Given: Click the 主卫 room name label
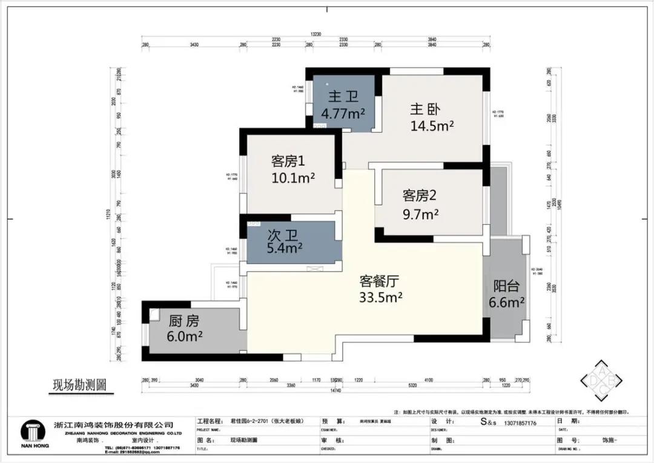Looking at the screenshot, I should pos(343,97).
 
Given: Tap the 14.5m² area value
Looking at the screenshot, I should pos(432,125).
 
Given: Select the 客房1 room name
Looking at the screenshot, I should pos(287,162).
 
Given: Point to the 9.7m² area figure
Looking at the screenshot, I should pos(421,214).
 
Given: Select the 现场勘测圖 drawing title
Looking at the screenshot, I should pos(79,384).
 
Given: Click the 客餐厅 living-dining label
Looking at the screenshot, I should pos(380,281).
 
